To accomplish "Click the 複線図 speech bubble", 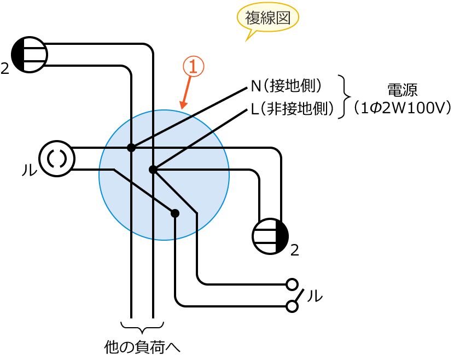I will pyautogui.click(x=267, y=18).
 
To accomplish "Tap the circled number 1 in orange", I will pyautogui.click(x=193, y=67).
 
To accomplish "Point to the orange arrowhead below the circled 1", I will pyautogui.click(x=183, y=104).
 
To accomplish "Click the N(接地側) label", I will pyautogui.click(x=286, y=86).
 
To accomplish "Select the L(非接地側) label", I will pyautogui.click(x=292, y=109).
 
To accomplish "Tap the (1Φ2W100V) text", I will pyautogui.click(x=402, y=107).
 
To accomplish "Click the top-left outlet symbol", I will pyautogui.click(x=30, y=55).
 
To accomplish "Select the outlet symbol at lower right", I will pyautogui.click(x=270, y=236).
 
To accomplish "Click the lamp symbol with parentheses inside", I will pyautogui.click(x=57, y=159).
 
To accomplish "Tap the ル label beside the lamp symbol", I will pyautogui.click(x=28, y=170).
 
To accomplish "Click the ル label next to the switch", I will pyautogui.click(x=315, y=296).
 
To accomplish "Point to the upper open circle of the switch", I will pyautogui.click(x=292, y=284).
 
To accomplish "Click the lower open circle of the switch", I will pyautogui.click(x=292, y=306).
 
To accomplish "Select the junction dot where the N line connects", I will pyautogui.click(x=131, y=148).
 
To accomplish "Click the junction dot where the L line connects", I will pyautogui.click(x=153, y=170).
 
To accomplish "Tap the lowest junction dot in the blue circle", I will pyautogui.click(x=175, y=213).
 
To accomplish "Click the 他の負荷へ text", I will pyautogui.click(x=142, y=347).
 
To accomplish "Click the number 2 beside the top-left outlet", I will pyautogui.click(x=5, y=69).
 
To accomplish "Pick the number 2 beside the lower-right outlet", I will pyautogui.click(x=295, y=251).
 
